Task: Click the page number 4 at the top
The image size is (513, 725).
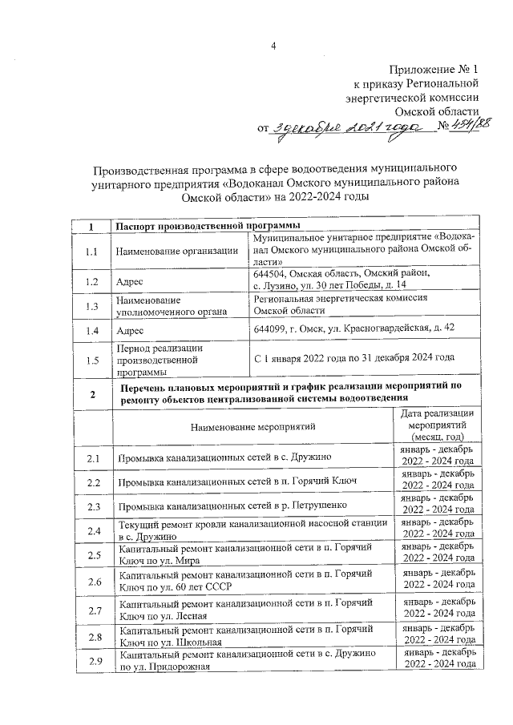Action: [x=273, y=45]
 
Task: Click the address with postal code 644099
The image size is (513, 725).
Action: [x=353, y=329]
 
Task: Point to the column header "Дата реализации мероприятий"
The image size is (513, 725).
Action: [x=436, y=425]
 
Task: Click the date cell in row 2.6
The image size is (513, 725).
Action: [x=437, y=583]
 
